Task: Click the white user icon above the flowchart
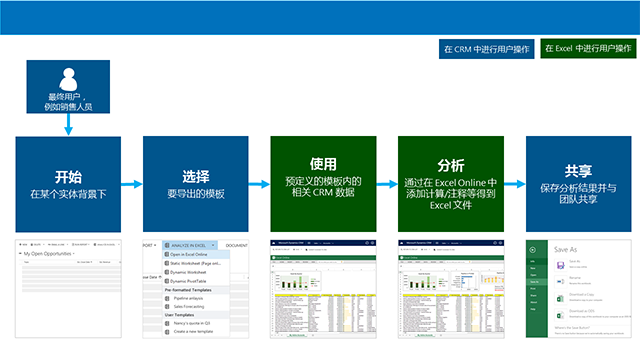pos(68,79)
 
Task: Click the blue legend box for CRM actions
pos(483,48)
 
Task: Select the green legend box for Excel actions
pos(586,48)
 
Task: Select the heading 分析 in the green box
pos(451,162)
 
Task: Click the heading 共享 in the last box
pos(578,170)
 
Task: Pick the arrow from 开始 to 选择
pos(132,184)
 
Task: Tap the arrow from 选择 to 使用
pos(260,184)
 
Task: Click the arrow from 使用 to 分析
pos(387,184)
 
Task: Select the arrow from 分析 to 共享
pos(515,184)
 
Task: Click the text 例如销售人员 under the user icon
pos(68,105)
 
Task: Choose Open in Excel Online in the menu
pos(197,254)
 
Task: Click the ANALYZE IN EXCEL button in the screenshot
pos(190,244)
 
